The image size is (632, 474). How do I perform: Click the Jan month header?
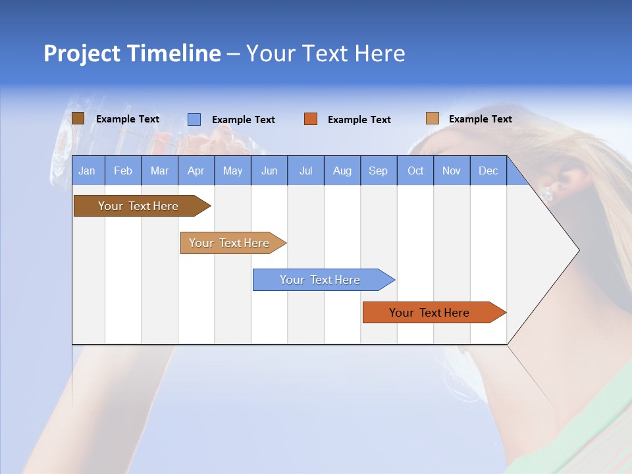[87, 171]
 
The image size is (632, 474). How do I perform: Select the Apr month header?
[196, 171]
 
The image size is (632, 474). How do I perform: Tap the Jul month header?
[305, 171]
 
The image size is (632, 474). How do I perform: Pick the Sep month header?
[378, 171]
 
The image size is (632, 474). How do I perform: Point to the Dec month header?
[488, 171]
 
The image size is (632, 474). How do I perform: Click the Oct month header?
[415, 171]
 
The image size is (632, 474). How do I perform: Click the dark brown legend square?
[78, 118]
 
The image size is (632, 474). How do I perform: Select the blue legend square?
[194, 119]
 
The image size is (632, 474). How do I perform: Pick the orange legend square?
[311, 119]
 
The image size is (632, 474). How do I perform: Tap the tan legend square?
[433, 118]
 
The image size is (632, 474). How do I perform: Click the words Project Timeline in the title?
[132, 53]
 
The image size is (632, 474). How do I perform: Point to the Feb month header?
[123, 171]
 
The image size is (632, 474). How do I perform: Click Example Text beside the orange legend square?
[359, 120]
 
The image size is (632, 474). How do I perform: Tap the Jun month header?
[269, 171]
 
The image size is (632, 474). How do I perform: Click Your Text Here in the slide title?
[325, 53]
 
